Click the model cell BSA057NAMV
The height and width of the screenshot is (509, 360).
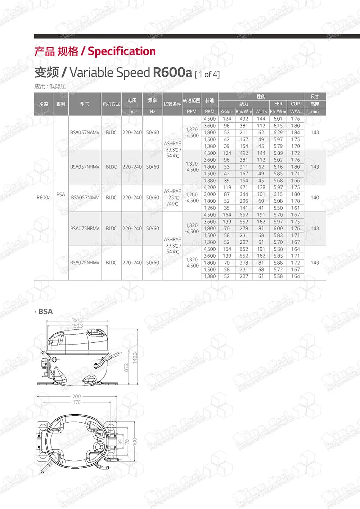point(85,132)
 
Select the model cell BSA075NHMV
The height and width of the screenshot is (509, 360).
point(85,263)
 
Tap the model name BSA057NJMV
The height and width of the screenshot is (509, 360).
point(85,198)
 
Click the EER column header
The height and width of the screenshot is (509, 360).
point(278,104)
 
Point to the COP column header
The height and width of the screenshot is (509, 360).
point(295,104)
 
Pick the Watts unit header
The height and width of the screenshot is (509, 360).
point(261,112)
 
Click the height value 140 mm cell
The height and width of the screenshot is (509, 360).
point(315,198)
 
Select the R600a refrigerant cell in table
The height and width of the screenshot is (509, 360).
point(44,198)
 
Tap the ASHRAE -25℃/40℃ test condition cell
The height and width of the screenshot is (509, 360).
point(172,198)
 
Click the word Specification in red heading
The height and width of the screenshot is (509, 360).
point(122,51)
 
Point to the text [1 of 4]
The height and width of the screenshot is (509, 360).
point(207,75)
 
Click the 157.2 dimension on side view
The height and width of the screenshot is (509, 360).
point(77,320)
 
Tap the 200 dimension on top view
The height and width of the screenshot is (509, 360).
point(77,396)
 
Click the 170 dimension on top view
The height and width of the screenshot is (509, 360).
point(77,402)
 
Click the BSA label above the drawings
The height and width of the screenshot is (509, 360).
point(45,312)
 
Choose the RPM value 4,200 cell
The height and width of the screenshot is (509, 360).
point(210,188)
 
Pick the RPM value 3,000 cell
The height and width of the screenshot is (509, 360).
point(210,194)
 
